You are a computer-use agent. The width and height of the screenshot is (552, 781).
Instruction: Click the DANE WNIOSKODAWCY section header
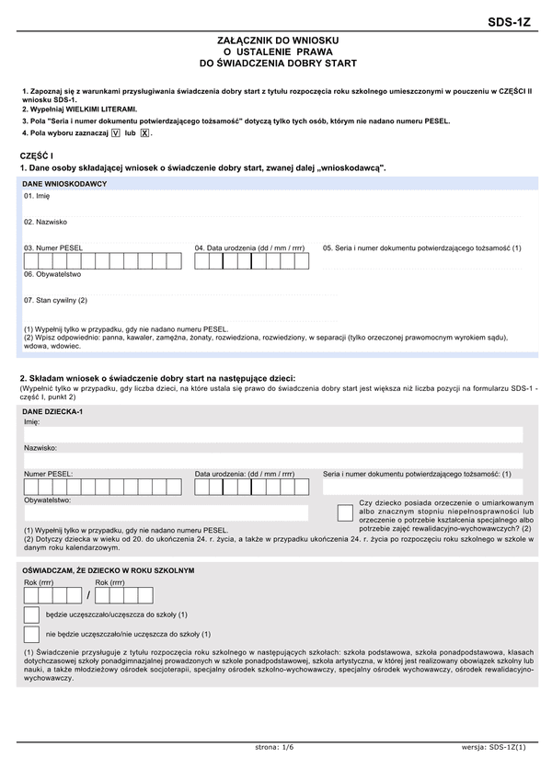pos(64,184)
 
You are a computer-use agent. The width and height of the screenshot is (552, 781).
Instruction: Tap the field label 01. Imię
pos(37,196)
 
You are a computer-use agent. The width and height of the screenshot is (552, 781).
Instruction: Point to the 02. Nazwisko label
pos(45,222)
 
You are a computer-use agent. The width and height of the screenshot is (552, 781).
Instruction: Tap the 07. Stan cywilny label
pos(55,300)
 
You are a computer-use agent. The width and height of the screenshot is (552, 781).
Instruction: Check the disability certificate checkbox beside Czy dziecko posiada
pos(345,513)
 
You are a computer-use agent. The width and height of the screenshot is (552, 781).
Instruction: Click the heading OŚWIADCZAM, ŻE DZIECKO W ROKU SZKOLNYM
pos(109,570)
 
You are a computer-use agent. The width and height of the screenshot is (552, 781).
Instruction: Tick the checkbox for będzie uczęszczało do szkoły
pos(31,614)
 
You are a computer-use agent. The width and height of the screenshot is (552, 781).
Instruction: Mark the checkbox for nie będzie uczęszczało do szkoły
pos(31,634)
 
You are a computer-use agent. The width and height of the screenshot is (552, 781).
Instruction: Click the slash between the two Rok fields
pos(88,594)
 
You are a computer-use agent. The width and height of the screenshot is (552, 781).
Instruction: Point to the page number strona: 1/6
pos(274,747)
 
